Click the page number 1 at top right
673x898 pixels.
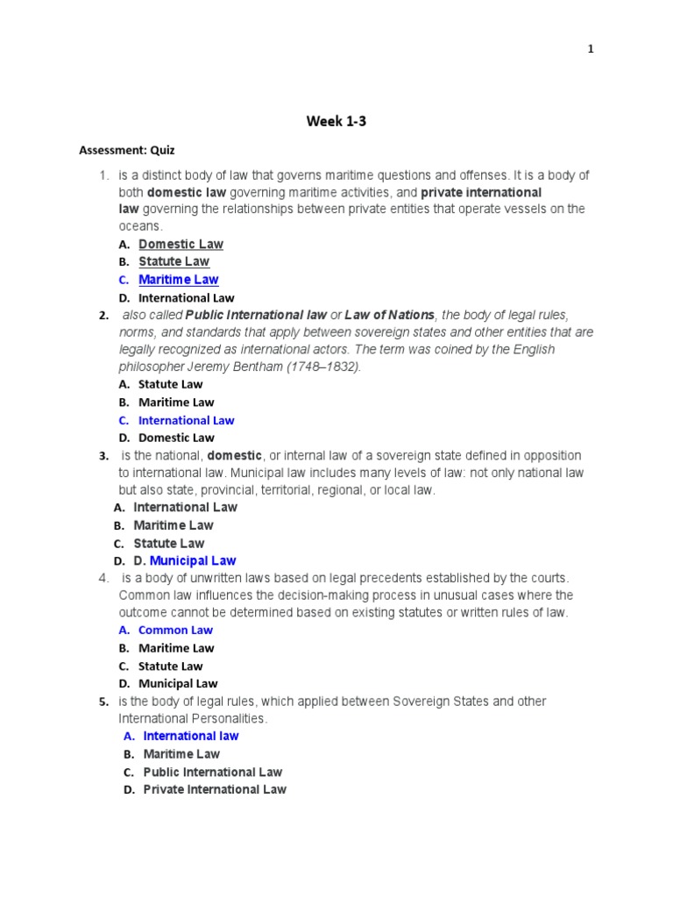pyautogui.click(x=591, y=49)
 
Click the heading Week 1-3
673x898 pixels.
pyautogui.click(x=336, y=122)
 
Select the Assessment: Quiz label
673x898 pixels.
pyautogui.click(x=127, y=150)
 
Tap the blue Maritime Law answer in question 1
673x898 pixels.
pyautogui.click(x=178, y=280)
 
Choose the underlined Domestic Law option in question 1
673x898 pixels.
pyautogui.click(x=181, y=244)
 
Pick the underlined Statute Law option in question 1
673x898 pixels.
pyautogui.click(x=174, y=261)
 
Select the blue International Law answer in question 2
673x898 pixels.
pyautogui.click(x=186, y=420)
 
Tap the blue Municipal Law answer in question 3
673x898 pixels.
pyautogui.click(x=193, y=560)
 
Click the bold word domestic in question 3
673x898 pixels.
pyautogui.click(x=235, y=456)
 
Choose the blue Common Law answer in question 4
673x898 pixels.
pyautogui.click(x=175, y=630)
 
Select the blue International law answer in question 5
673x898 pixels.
pyautogui.click(x=190, y=736)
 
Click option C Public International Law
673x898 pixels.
pyautogui.click(x=212, y=772)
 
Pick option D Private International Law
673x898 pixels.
pyautogui.click(x=214, y=789)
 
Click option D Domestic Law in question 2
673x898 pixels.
pyautogui.click(x=175, y=438)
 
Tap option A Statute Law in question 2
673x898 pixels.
pyautogui.click(x=170, y=384)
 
